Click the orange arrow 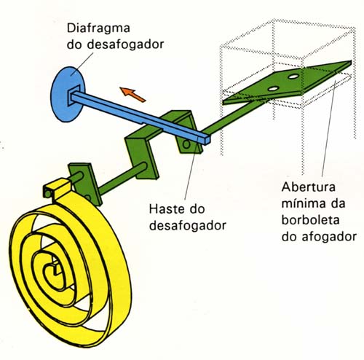point(133,94)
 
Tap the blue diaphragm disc point(63,94)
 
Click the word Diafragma point(98,28)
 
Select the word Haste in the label point(165,209)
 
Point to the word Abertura point(309,187)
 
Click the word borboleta point(310,220)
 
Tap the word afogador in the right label point(329,236)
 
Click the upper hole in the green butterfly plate point(293,77)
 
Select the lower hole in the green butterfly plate point(274,89)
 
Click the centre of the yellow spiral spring point(53,270)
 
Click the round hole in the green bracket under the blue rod point(186,144)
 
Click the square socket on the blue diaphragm point(74,95)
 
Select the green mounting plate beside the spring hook point(85,184)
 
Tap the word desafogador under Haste point(188,226)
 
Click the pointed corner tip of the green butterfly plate point(351,61)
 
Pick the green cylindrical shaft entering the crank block point(122,179)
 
